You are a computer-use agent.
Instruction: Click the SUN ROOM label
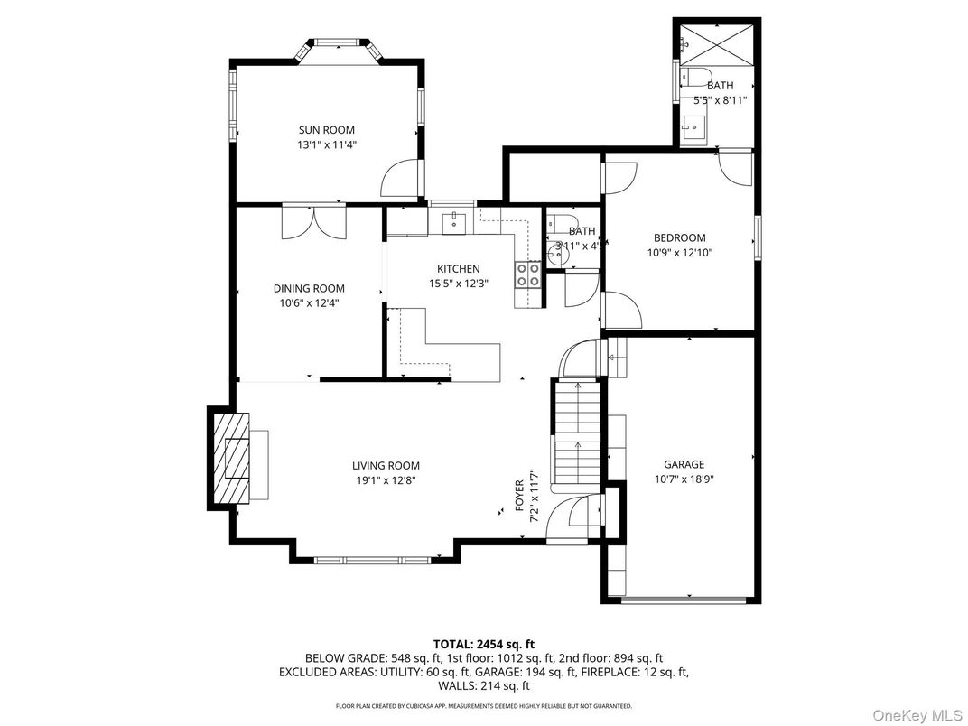point(326,130)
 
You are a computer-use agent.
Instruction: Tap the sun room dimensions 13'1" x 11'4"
point(326,144)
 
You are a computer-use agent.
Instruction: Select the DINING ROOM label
point(309,289)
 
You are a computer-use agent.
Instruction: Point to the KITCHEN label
point(458,269)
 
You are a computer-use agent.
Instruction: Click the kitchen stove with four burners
point(527,275)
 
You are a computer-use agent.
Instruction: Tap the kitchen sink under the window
point(451,221)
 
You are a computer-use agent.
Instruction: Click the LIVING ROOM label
point(386,466)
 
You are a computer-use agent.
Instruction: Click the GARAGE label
point(684,465)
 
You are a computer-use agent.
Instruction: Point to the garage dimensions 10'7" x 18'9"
point(684,479)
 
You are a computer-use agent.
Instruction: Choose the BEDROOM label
point(679,238)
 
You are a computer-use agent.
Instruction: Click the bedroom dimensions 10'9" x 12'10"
point(679,253)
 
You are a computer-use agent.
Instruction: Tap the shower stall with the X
point(715,39)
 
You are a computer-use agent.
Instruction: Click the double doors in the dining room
point(312,222)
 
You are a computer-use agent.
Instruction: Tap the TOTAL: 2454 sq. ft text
point(483,644)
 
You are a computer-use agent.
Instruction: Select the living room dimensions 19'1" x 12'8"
point(386,480)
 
